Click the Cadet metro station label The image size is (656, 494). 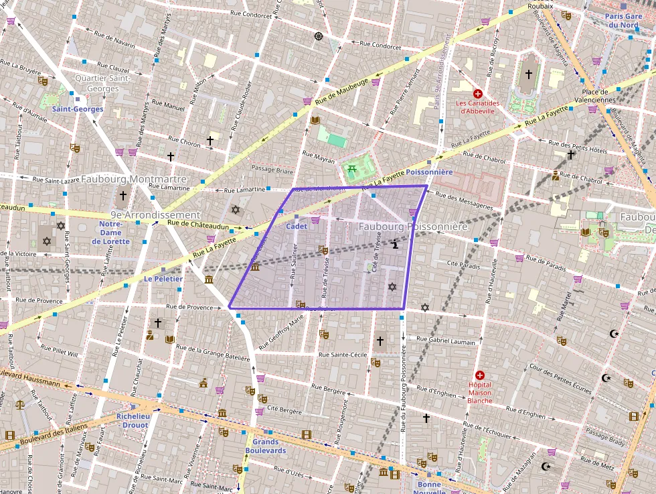pyautogui.click(x=297, y=227)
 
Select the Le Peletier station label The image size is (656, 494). pyautogui.click(x=163, y=278)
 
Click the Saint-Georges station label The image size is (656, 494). pyautogui.click(x=78, y=109)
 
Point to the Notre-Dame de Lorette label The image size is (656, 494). pyautogui.click(x=110, y=233)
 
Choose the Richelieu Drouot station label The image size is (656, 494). pyautogui.click(x=133, y=420)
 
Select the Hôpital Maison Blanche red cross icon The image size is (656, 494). pyautogui.click(x=479, y=375)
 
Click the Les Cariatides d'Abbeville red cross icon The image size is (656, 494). pyautogui.click(x=478, y=94)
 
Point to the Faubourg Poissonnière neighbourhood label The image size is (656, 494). pyautogui.click(x=412, y=227)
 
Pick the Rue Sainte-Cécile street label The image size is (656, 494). pyautogui.click(x=343, y=355)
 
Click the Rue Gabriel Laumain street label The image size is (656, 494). pyautogui.click(x=446, y=340)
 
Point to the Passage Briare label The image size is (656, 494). pyautogui.click(x=272, y=170)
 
